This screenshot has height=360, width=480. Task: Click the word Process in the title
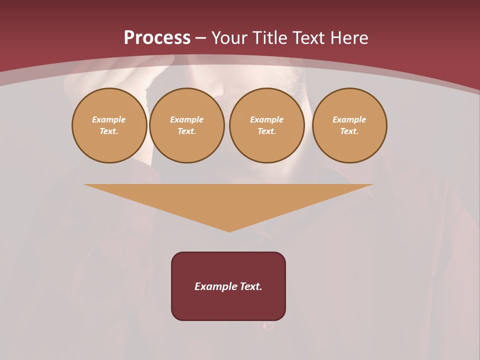click(157, 38)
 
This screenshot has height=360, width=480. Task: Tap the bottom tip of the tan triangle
click(229, 230)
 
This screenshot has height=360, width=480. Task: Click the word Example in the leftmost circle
click(109, 119)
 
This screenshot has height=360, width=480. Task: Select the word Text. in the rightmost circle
click(349, 131)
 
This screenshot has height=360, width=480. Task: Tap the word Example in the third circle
click(267, 119)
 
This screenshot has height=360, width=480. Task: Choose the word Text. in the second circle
click(187, 131)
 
